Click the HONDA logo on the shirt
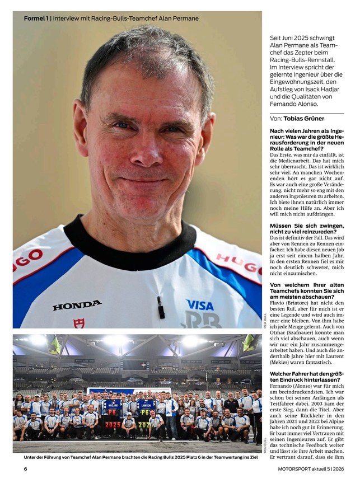pos(77,305)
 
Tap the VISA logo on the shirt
pos(200,305)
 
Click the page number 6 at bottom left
pos(25,469)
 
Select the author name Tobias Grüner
pos(303,119)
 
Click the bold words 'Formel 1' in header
pos(36,18)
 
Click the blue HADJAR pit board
pos(113,407)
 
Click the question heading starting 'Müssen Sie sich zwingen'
pos(307,228)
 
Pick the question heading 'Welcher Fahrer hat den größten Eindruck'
pos(307,376)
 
